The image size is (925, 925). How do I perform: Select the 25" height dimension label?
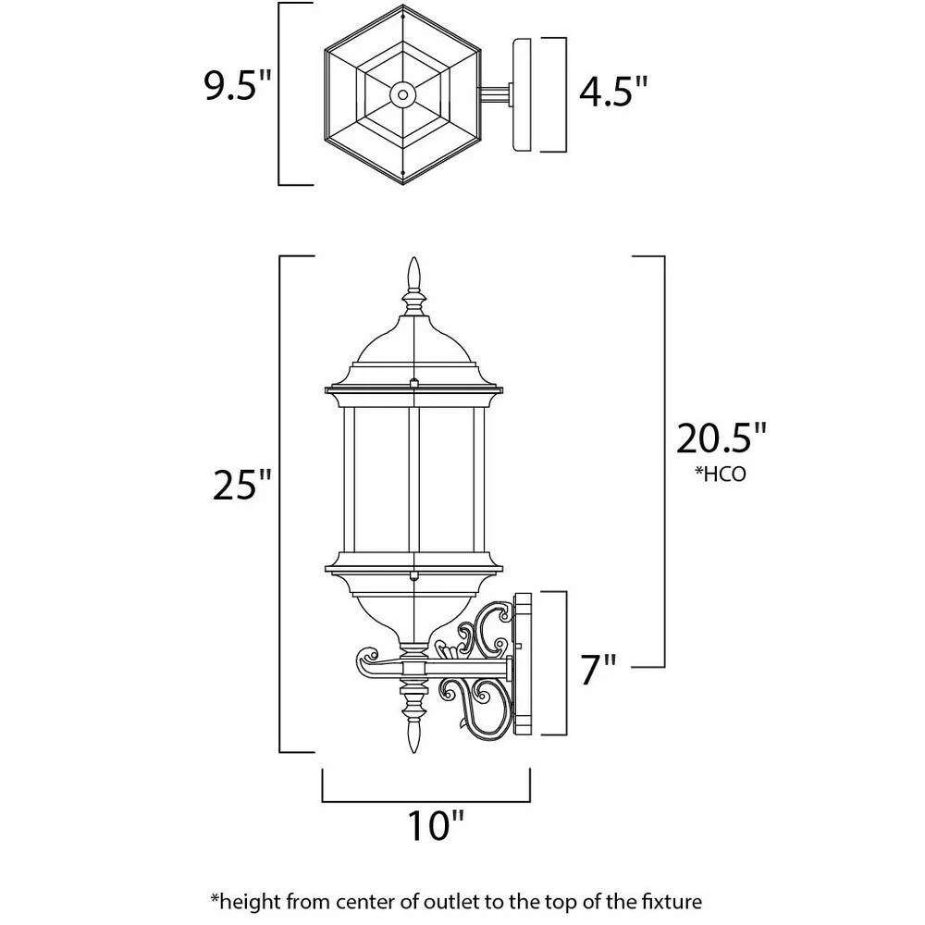pyautogui.click(x=243, y=484)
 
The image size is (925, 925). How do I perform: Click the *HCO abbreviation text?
pyautogui.click(x=721, y=475)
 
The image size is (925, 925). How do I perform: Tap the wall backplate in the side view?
pyautogui.click(x=524, y=663)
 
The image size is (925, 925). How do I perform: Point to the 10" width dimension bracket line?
pyautogui.click(x=425, y=800)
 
